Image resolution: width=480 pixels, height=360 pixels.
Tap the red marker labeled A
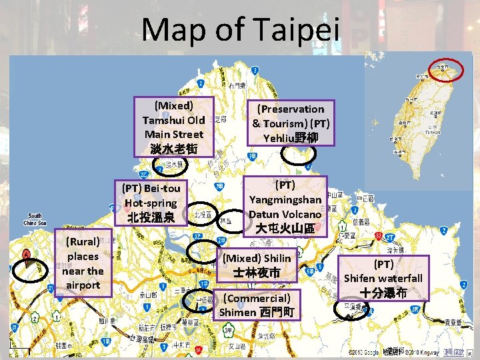click(x=26, y=255)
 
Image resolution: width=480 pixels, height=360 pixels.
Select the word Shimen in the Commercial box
click(x=238, y=312)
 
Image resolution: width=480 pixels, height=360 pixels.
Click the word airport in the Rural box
click(x=83, y=285)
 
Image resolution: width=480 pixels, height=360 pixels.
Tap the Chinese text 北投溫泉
click(x=151, y=217)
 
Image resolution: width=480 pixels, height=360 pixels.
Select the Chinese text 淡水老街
click(x=173, y=149)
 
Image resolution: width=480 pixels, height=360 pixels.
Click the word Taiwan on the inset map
click(x=433, y=132)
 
